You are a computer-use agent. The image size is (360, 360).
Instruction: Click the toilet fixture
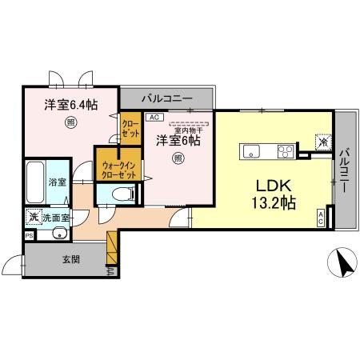[x=118, y=194]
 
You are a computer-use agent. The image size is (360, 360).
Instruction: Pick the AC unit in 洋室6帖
[x=154, y=116]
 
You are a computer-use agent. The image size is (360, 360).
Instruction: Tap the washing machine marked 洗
[x=34, y=217]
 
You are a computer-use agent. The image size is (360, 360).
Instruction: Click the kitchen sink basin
[x=251, y=150]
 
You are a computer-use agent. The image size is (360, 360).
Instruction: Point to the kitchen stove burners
[x=286, y=150]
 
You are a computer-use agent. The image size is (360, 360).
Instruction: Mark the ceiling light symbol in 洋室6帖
[x=178, y=158]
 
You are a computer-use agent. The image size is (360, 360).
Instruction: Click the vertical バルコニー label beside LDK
[x=344, y=167]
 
